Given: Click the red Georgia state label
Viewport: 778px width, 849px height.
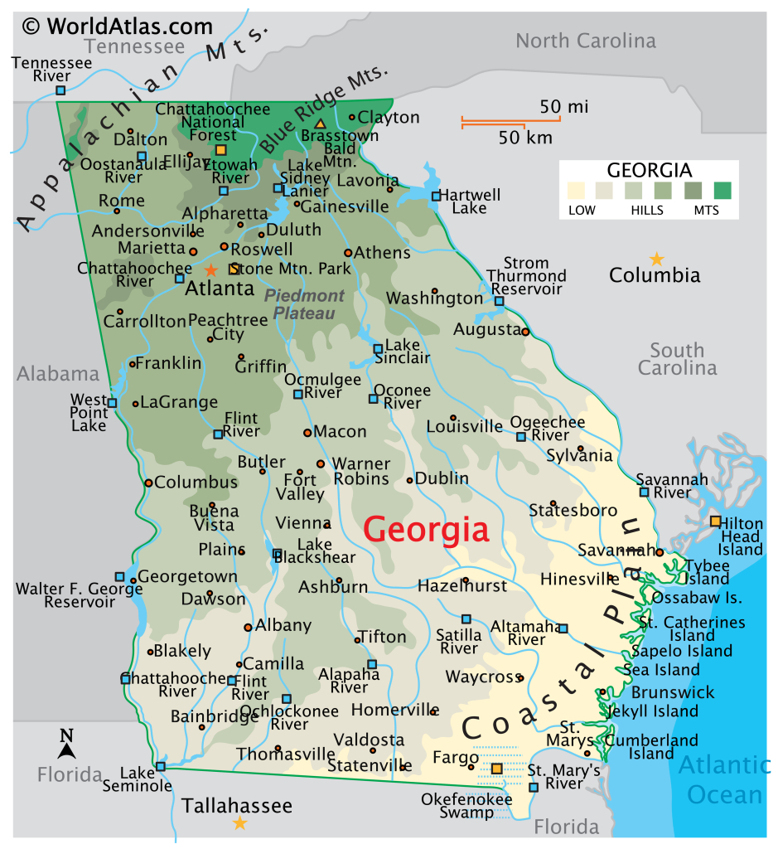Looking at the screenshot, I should pyautogui.click(x=426, y=529).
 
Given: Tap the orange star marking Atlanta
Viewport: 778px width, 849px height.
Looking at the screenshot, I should pyautogui.click(x=210, y=269).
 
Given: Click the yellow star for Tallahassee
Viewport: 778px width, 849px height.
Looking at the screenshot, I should pyautogui.click(x=239, y=822).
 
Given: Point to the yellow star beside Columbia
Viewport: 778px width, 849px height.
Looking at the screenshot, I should pyautogui.click(x=656, y=259).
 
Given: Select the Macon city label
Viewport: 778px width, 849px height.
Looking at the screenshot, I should pyautogui.click(x=340, y=431).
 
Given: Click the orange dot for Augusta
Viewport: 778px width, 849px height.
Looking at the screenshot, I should pyautogui.click(x=525, y=332).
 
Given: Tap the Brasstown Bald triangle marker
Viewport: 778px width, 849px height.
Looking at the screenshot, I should pyautogui.click(x=319, y=124).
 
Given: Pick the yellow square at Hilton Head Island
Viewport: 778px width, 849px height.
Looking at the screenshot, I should pyautogui.click(x=715, y=521).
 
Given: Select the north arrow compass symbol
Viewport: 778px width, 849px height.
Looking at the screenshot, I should pyautogui.click(x=66, y=744).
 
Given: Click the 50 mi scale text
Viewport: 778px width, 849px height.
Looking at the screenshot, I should pyautogui.click(x=563, y=107).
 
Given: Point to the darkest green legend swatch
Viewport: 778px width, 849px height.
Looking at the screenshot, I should pyautogui.click(x=722, y=191).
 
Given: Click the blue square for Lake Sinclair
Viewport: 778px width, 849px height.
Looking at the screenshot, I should pyautogui.click(x=378, y=349).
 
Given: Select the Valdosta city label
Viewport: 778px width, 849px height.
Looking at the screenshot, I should pyautogui.click(x=369, y=739).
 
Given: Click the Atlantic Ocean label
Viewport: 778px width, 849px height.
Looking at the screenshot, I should pyautogui.click(x=724, y=779).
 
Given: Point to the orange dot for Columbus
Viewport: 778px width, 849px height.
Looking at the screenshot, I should pyautogui.click(x=148, y=483).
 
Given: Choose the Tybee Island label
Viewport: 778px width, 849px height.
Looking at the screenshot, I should pyautogui.click(x=707, y=571).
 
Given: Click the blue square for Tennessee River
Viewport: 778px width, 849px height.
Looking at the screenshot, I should pyautogui.click(x=60, y=90).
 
